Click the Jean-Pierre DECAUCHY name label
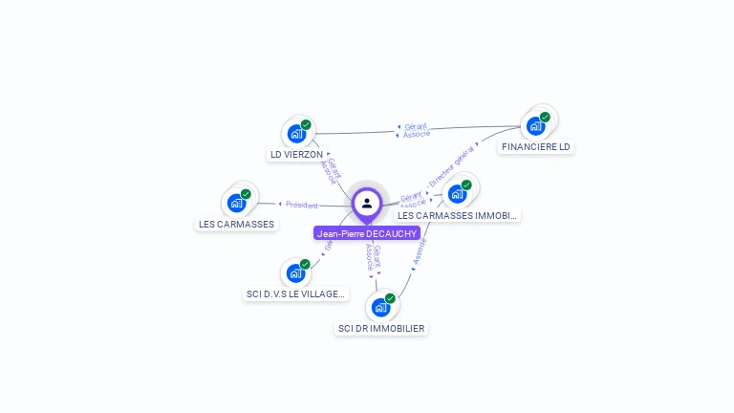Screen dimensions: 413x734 pos(367,233)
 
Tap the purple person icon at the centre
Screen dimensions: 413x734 pos(367,203)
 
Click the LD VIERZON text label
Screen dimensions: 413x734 pos(296,155)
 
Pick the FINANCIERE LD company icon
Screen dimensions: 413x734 pos(535,126)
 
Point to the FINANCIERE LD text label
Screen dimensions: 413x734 pos(536,147)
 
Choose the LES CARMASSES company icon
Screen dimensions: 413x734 pos(236,203)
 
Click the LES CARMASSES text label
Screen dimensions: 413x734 pos(236,225)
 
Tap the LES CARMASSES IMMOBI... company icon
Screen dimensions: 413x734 pos(457,194)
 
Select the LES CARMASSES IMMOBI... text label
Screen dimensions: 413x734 pos(458,216)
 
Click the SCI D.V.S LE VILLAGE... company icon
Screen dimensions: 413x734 pos(295,273)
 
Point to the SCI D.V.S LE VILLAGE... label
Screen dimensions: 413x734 pos(294,294)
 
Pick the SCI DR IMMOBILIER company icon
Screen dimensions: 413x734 pos(380,308)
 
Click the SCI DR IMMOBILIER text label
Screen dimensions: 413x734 pos(381,329)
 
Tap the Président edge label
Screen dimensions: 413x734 pos(302,204)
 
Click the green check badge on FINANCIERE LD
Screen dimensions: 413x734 pos(545,117)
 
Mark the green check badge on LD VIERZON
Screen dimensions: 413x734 pos(306,124)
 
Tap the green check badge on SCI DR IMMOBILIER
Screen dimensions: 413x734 pos(390,298)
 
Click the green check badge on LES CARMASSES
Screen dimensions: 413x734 pos(246,194)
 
